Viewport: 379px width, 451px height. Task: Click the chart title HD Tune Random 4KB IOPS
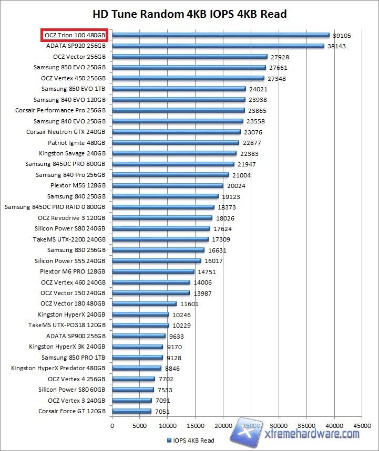pyautogui.click(x=189, y=14)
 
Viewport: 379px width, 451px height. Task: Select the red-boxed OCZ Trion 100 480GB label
pyautogui.click(x=75, y=35)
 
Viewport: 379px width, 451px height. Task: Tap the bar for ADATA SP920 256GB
pyautogui.click(x=218, y=46)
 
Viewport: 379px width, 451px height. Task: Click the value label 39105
pyautogui.click(x=342, y=35)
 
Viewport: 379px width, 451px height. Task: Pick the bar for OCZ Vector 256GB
pyautogui.click(x=190, y=57)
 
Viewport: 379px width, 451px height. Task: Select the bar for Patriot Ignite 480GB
pyautogui.click(x=176, y=142)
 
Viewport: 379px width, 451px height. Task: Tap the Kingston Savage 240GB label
pyautogui.click(x=72, y=153)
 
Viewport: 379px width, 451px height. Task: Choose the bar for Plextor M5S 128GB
pyautogui.click(x=168, y=185)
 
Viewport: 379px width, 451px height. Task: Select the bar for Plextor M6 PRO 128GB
pyautogui.click(x=153, y=271)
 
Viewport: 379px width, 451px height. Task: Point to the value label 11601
pyautogui.click(x=189, y=303)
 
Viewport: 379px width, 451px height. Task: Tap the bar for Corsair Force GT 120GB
pyautogui.click(x=131, y=411)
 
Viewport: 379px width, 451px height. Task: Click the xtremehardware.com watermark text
pyautogui.click(x=312, y=434)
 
